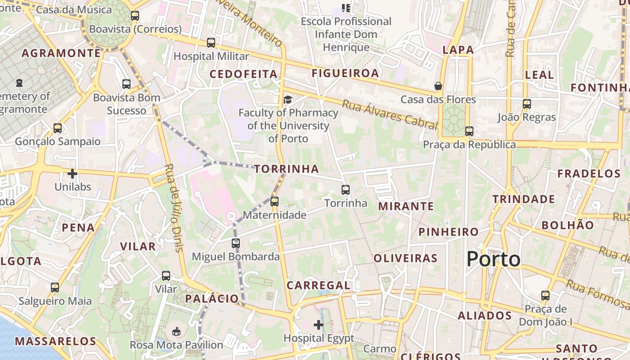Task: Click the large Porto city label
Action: pos(493,259)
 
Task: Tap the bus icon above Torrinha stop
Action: pos(346,190)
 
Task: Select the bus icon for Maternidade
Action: pos(274,202)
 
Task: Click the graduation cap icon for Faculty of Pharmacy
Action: pos(288,99)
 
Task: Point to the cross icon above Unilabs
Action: pos(72,173)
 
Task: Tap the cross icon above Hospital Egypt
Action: pos(319,324)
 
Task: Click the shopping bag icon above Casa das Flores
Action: pos(438,85)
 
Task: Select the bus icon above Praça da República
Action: pos(469,131)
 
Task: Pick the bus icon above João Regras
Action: pos(527,104)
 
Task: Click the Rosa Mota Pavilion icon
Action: pos(176,332)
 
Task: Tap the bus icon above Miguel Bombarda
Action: pos(236,243)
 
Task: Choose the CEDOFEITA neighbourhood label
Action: pos(243,74)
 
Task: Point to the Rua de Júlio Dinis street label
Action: pos(174,207)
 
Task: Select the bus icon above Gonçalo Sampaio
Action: pos(58,128)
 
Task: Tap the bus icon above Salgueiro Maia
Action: pos(55,288)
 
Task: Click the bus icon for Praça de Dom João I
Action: pos(545,296)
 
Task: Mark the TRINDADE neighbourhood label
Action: pos(523,199)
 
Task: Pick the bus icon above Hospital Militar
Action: pos(211,43)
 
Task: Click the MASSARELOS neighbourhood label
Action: pos(56,341)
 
